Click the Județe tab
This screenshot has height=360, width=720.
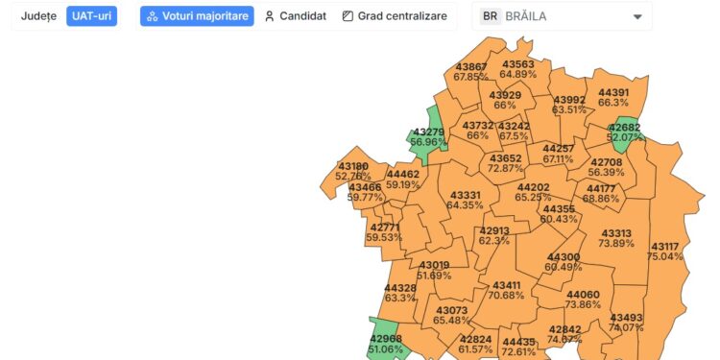(x=38, y=16)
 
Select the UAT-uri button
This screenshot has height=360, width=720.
(x=92, y=16)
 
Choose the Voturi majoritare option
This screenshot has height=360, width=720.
(x=197, y=16)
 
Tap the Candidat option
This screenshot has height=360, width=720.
(x=296, y=16)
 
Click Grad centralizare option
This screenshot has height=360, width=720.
(x=395, y=16)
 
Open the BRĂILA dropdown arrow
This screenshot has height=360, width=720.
(x=637, y=16)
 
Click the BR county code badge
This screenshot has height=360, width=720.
(x=491, y=16)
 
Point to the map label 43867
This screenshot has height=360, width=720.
(x=470, y=66)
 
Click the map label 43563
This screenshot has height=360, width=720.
(x=517, y=64)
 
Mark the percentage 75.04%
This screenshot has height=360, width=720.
(x=664, y=256)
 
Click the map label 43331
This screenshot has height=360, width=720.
(x=465, y=195)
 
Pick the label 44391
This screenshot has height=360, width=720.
(x=613, y=92)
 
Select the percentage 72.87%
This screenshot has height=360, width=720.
(x=506, y=168)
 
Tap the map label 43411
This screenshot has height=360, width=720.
(x=506, y=285)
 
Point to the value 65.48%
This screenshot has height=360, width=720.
(x=451, y=320)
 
